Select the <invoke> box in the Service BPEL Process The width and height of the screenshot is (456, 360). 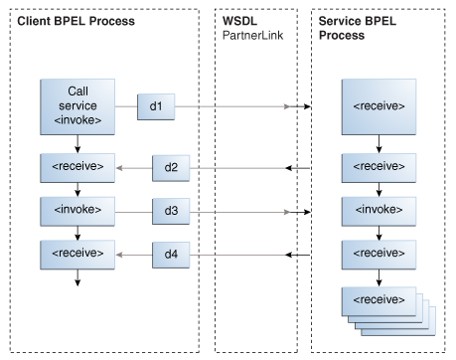379,211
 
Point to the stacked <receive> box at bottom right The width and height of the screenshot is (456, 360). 379,299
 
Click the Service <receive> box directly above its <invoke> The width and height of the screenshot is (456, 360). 379,166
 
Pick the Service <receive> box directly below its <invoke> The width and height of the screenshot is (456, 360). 379,255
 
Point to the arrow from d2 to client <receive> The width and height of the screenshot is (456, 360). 132,167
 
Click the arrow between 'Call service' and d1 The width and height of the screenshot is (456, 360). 125,104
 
